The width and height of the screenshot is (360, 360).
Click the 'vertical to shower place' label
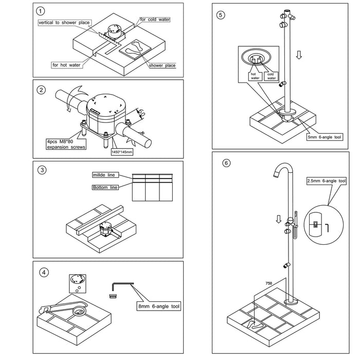point(64,23)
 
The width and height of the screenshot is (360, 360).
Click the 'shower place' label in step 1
point(163,65)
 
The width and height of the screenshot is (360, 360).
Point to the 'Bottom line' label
point(105,187)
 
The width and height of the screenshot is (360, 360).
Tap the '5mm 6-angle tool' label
point(324,137)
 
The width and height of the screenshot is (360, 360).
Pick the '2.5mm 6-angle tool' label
point(327,181)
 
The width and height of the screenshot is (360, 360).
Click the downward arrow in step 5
point(299,55)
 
